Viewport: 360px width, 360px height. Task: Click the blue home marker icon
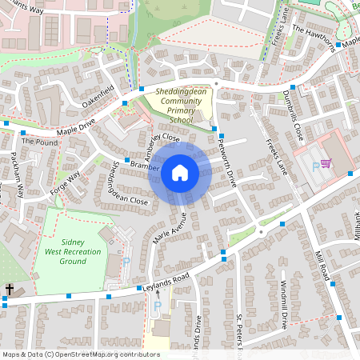tap(180, 172)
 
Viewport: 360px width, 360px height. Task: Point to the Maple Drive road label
tap(75, 127)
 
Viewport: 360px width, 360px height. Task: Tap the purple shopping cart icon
tap(326, 163)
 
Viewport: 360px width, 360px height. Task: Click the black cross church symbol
tap(10, 289)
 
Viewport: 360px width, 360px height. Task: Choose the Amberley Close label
tap(162, 146)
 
